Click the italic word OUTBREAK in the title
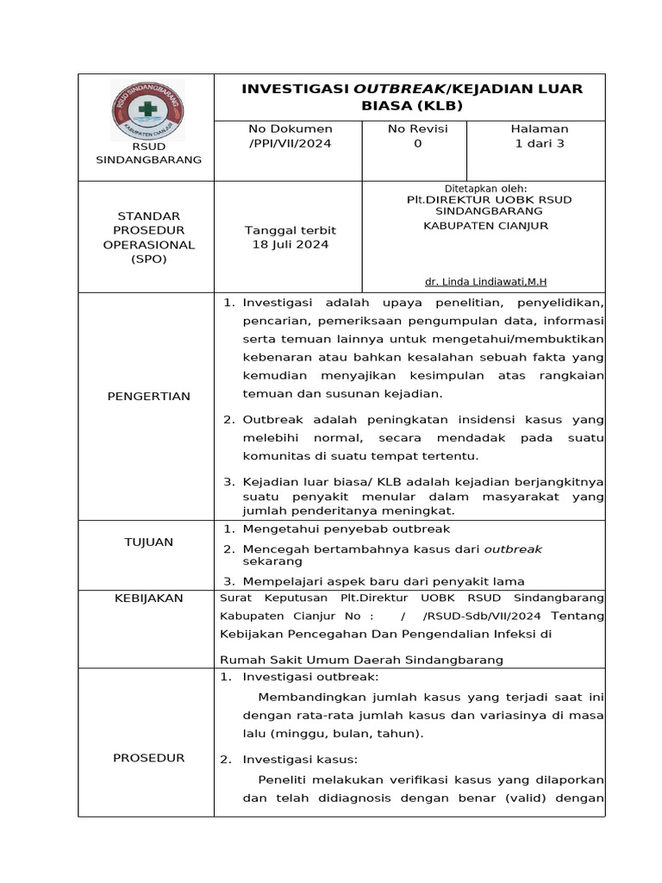pos(398,89)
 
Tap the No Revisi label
pos(418,128)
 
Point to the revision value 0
pos(418,143)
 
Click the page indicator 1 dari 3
pos(539,143)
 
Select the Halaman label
pos(539,128)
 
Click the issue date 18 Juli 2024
pos(290,244)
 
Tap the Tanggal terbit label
pos(290,230)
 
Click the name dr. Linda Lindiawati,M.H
pos(486,282)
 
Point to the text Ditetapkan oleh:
pos(485,188)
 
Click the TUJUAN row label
pos(148,542)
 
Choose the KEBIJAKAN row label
pos(148,598)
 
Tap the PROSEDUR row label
pos(148,757)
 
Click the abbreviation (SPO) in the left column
pos(148,259)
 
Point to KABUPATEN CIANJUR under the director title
pos(485,226)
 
